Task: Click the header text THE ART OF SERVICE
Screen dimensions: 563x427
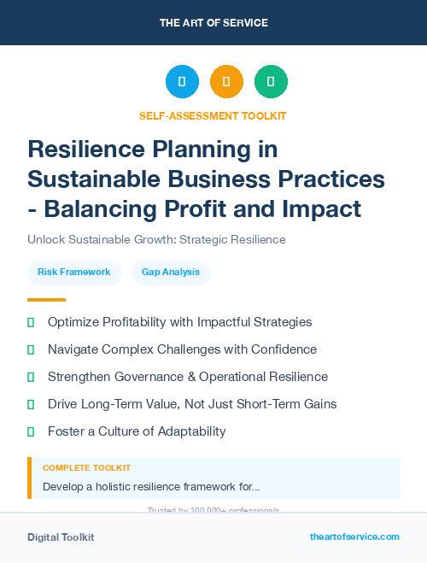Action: pyautogui.click(x=213, y=22)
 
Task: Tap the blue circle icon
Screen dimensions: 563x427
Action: pyautogui.click(x=182, y=82)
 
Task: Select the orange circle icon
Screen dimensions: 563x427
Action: pyautogui.click(x=226, y=82)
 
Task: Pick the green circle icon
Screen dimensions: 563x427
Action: pyautogui.click(x=271, y=82)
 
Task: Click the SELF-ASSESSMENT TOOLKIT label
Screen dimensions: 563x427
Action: pyautogui.click(x=213, y=115)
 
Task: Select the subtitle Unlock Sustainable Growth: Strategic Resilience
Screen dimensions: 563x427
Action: pyautogui.click(x=156, y=240)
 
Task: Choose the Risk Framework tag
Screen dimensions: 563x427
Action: pyautogui.click(x=74, y=272)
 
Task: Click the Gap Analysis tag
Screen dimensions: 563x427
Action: pyautogui.click(x=171, y=272)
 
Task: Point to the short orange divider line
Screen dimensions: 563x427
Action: pyautogui.click(x=46, y=300)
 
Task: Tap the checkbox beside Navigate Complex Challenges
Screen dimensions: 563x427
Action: pyautogui.click(x=31, y=349)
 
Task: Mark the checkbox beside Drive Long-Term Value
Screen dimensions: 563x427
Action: pyautogui.click(x=31, y=404)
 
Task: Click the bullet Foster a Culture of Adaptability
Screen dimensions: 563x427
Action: pyautogui.click(x=137, y=431)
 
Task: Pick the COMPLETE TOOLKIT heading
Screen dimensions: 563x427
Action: pyautogui.click(x=86, y=468)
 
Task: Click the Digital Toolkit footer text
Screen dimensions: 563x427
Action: pyautogui.click(x=61, y=537)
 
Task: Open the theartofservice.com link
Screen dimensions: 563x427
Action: pyautogui.click(x=354, y=537)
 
